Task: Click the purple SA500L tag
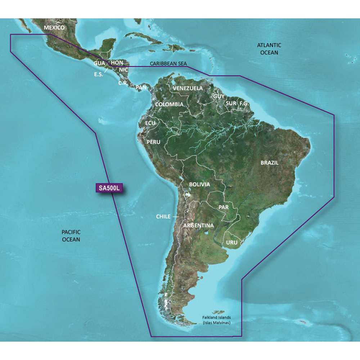pyautogui.click(x=108, y=188)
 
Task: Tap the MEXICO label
pyautogui.click(x=54, y=28)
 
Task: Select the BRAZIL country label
pyautogui.click(x=270, y=163)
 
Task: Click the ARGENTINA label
pyautogui.click(x=198, y=226)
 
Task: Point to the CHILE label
pyautogui.click(x=163, y=217)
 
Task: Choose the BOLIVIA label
pyautogui.click(x=199, y=184)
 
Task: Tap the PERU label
pyautogui.click(x=153, y=142)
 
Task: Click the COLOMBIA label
pyautogui.click(x=169, y=104)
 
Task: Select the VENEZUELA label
pyautogui.click(x=188, y=88)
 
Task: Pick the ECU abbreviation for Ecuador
pyautogui.click(x=150, y=123)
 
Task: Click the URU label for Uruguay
pyautogui.click(x=232, y=243)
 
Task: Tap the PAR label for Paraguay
pyautogui.click(x=224, y=208)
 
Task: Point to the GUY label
pyautogui.click(x=219, y=96)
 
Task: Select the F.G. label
pyautogui.click(x=244, y=103)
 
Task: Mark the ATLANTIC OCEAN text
pyautogui.click(x=269, y=49)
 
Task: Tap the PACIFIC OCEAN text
pyautogui.click(x=71, y=236)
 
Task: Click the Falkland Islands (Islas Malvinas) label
pyautogui.click(x=216, y=320)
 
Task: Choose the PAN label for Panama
pyautogui.click(x=141, y=87)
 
